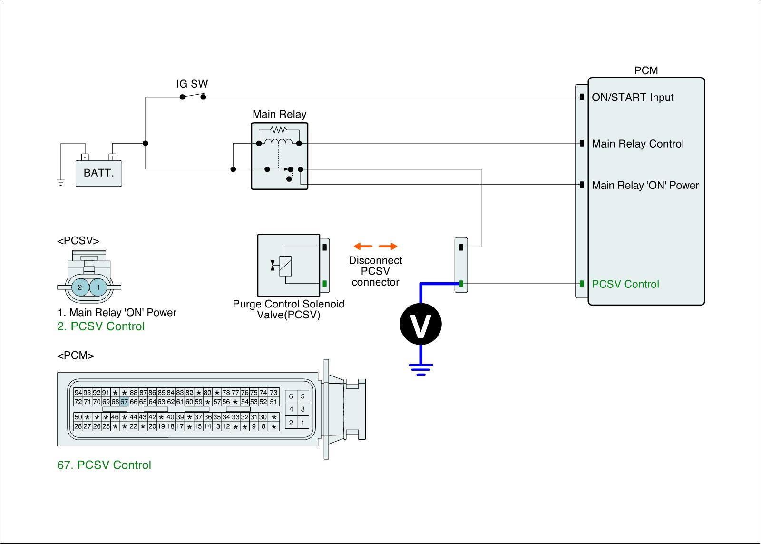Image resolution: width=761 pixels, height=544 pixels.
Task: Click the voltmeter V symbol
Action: (420, 324)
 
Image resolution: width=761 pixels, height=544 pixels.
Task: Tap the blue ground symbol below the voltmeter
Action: (421, 369)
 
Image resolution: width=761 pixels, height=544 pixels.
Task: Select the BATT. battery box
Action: (98, 173)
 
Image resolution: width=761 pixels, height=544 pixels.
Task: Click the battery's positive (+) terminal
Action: (112, 157)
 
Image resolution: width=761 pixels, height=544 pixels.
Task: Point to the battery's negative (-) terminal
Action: (85, 157)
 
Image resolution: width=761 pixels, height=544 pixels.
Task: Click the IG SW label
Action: (192, 84)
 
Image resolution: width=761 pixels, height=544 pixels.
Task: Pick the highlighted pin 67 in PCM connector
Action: (124, 402)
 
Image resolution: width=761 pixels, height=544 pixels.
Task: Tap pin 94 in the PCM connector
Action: (78, 392)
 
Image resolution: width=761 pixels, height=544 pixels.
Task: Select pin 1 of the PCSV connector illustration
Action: (98, 287)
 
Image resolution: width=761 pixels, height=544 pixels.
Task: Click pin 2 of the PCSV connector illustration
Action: (80, 287)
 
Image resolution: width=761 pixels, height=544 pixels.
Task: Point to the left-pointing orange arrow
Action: (363, 246)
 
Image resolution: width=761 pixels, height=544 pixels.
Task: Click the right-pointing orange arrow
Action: (388, 246)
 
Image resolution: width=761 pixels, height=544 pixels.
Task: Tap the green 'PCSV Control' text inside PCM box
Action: (625, 284)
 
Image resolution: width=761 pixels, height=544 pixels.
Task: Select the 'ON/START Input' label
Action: (633, 98)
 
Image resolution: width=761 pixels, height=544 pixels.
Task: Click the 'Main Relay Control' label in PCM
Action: (638, 144)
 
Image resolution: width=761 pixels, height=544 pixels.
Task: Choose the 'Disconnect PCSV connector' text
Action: (375, 271)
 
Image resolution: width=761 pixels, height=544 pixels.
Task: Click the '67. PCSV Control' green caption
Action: (104, 465)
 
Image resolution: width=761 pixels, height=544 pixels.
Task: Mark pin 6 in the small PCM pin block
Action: (291, 396)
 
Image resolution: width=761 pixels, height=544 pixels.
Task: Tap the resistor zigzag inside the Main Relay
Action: (279, 129)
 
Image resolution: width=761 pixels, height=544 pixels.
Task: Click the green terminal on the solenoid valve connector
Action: (325, 284)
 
